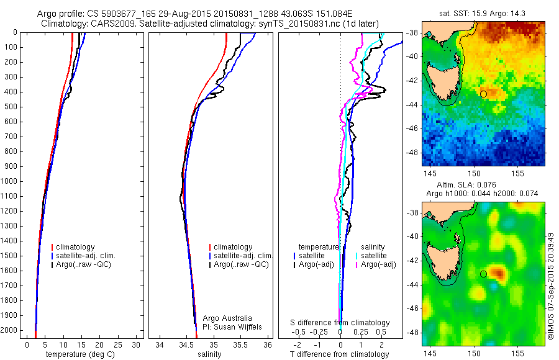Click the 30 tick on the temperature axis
click(x=136, y=344)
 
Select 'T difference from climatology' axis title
click(x=340, y=354)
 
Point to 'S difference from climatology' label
click(x=340, y=323)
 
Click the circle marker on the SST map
click(x=483, y=94)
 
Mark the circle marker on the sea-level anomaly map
click(x=483, y=274)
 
